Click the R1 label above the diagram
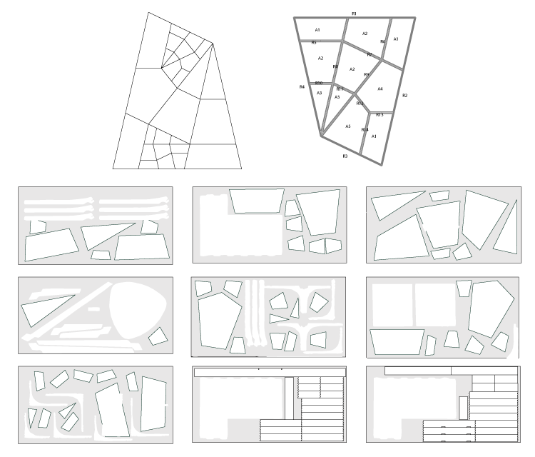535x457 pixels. (x=355, y=14)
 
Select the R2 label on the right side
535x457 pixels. (x=404, y=95)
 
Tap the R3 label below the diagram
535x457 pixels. (x=345, y=155)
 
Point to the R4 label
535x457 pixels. (x=302, y=86)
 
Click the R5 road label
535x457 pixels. (x=313, y=43)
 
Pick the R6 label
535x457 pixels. (x=383, y=41)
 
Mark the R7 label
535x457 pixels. (x=370, y=55)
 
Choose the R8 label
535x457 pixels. (x=335, y=66)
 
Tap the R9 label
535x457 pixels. (x=367, y=74)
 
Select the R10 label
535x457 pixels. (x=319, y=83)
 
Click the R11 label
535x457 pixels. (x=340, y=89)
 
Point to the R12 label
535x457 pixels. (x=360, y=104)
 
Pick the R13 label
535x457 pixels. (x=379, y=114)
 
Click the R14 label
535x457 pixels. (x=365, y=129)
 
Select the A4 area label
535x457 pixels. (x=380, y=89)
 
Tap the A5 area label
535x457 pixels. (x=348, y=126)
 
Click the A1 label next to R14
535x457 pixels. (x=374, y=136)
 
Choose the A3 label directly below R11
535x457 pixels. (x=337, y=96)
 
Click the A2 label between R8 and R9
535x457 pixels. (x=352, y=69)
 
